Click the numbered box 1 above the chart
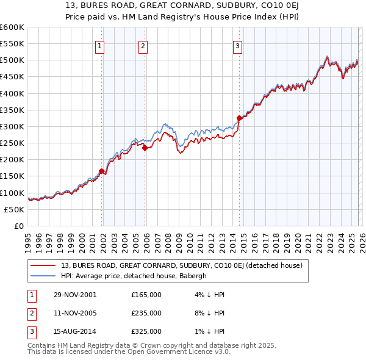tap(99, 45)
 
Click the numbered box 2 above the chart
tap(142, 45)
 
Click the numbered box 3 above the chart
tap(237, 45)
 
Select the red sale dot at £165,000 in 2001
tap(101, 171)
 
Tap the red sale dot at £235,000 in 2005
tap(145, 148)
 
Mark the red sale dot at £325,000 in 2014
tap(239, 118)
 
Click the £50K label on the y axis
tap(14, 209)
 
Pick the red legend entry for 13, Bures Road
tap(177, 265)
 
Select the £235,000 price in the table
tap(146, 313)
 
